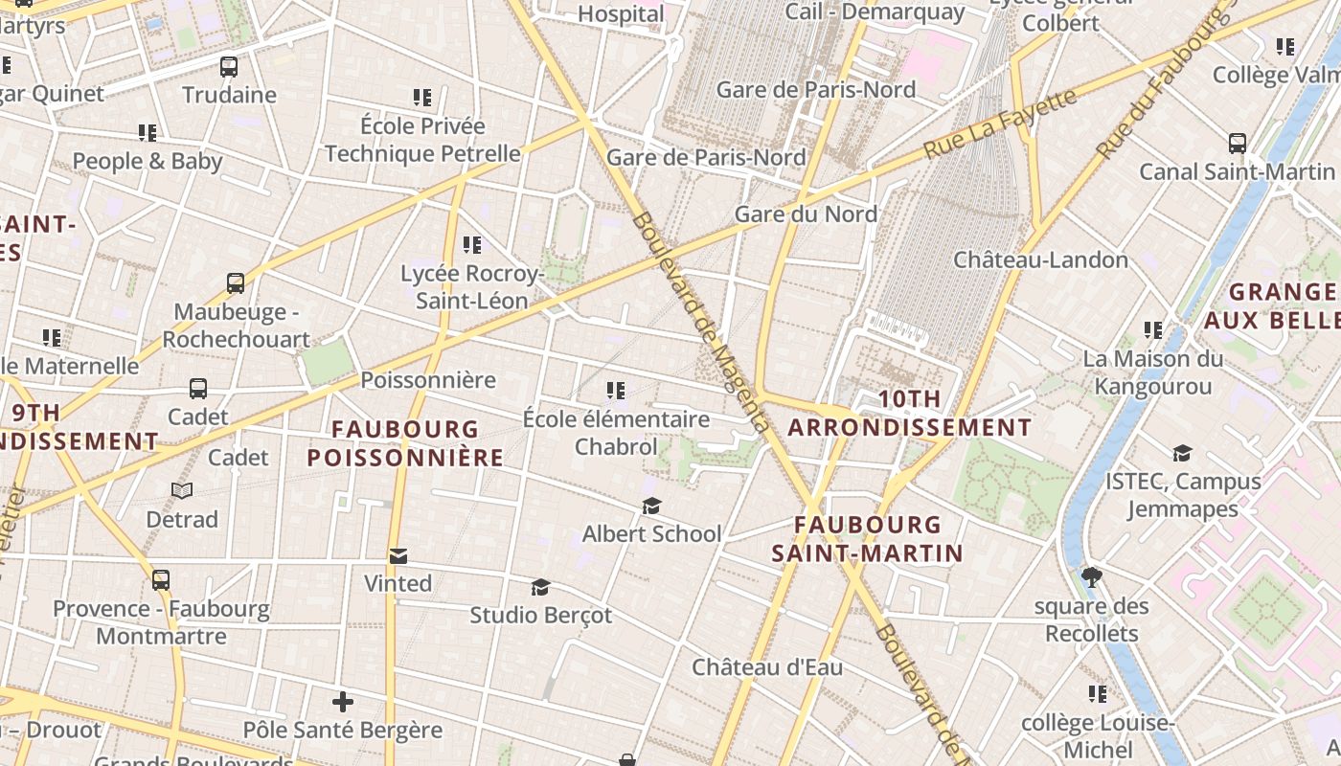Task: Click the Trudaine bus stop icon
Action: tap(228, 67)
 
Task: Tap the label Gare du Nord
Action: tap(806, 214)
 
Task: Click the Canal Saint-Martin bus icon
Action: tap(1238, 144)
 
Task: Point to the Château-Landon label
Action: tap(1040, 259)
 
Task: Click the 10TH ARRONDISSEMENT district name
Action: tap(909, 414)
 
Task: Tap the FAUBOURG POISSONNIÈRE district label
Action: tap(405, 443)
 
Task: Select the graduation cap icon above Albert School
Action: tap(651, 506)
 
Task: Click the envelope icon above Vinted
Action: tap(398, 555)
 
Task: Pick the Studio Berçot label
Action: tap(540, 615)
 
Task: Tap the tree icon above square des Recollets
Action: tap(1091, 576)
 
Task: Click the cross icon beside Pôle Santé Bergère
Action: tap(342, 702)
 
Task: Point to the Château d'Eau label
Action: tap(767, 667)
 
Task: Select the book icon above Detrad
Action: tap(182, 490)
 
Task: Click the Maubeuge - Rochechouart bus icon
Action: tap(236, 283)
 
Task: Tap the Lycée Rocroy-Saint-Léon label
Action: tap(471, 287)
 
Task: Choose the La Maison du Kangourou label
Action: tap(1153, 372)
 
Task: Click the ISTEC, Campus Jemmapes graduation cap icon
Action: tap(1182, 453)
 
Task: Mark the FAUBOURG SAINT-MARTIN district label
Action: tap(867, 538)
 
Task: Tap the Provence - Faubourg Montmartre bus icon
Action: tap(161, 580)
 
